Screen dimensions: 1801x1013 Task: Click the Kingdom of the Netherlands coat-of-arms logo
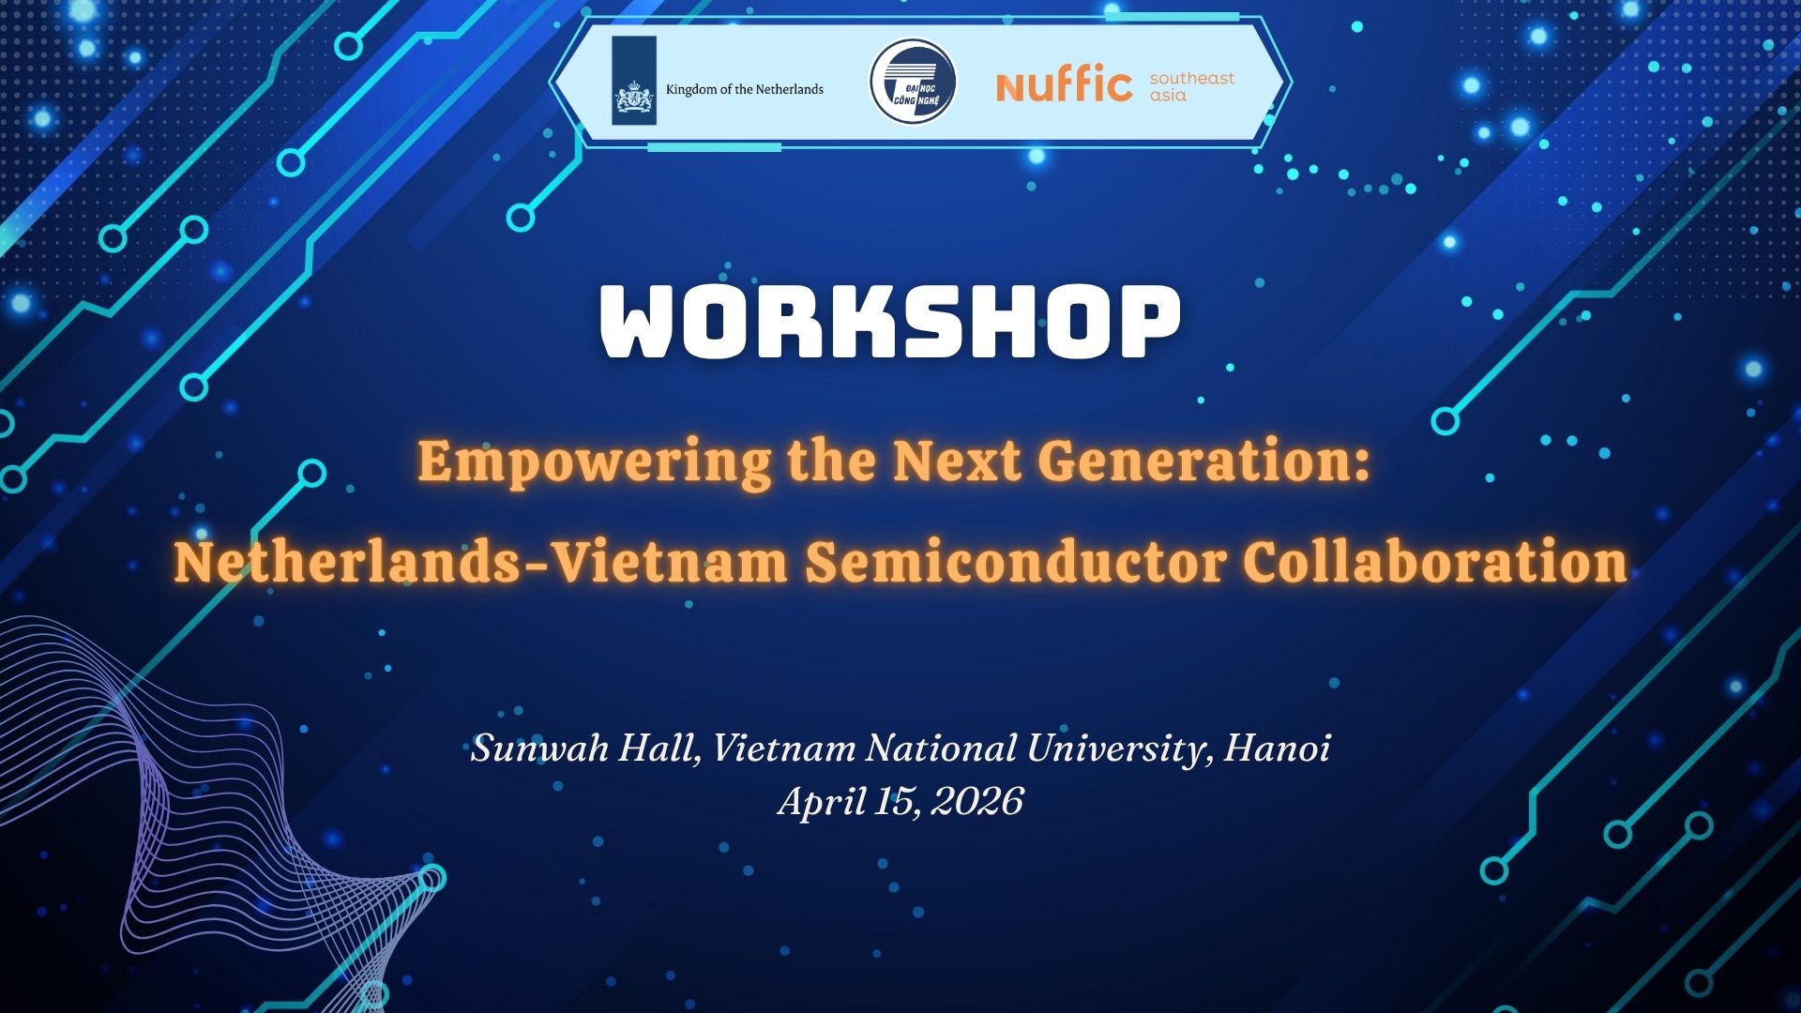tap(634, 81)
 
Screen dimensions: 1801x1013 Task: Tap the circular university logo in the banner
tap(913, 82)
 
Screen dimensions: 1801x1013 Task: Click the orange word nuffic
tap(1065, 83)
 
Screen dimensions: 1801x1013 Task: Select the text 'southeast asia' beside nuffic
tap(1192, 86)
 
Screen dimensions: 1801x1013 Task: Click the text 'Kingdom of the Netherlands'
tap(745, 89)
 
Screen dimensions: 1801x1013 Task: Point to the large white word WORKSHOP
tap(890, 322)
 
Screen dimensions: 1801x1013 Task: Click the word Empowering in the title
tap(595, 462)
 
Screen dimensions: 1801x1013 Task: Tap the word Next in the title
tap(957, 461)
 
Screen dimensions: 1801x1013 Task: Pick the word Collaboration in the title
tap(1435, 562)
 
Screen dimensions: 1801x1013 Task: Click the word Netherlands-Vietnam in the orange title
tap(481, 562)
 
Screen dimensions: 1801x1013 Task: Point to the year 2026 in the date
tap(978, 801)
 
